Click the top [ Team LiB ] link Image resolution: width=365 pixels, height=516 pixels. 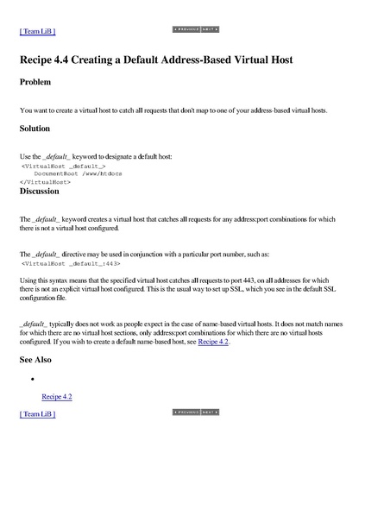37,31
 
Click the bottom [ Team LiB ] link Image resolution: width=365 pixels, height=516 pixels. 37,414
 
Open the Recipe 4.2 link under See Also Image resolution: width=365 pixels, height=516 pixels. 57,396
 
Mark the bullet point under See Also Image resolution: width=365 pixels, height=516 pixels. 31,379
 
